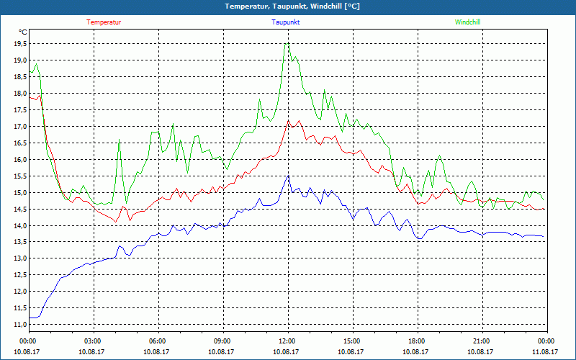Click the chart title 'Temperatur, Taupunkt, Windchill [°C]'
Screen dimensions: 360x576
pos(287,6)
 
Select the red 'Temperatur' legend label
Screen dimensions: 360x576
pos(104,22)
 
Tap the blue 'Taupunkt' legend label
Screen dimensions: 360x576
pos(286,22)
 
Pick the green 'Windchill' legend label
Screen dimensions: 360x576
pos(467,22)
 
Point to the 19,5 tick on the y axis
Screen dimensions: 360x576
pos(20,43)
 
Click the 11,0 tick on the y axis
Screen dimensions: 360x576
pos(20,325)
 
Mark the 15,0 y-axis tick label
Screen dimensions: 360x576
pos(20,192)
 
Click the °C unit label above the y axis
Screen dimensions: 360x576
pos(23,32)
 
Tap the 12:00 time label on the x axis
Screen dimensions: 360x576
pos(287,341)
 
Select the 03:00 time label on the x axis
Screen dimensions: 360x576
pos(93,341)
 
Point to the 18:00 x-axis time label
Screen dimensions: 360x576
pos(417,341)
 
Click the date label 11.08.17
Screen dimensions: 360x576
pos(546,352)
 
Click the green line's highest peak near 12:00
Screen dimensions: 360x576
pos(287,44)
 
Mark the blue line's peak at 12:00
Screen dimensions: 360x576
pos(288,176)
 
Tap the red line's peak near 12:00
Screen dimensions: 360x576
pos(289,121)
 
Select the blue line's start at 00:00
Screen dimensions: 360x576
pos(30,318)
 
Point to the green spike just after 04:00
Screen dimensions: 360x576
pos(119,140)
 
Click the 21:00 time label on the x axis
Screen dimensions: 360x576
pos(482,341)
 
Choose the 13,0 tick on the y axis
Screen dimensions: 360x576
pos(20,258)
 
